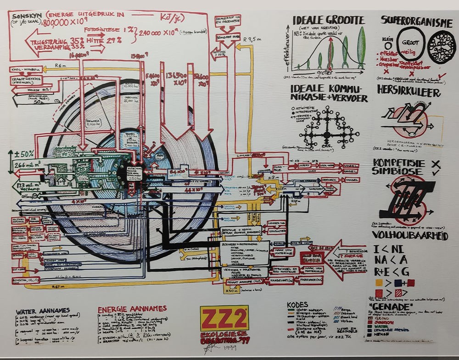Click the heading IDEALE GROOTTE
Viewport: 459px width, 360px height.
coord(329,20)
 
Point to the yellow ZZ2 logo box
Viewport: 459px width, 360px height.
coord(224,319)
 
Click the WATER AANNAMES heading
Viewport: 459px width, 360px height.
coord(42,311)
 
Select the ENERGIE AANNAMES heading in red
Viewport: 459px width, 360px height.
coord(132,310)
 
